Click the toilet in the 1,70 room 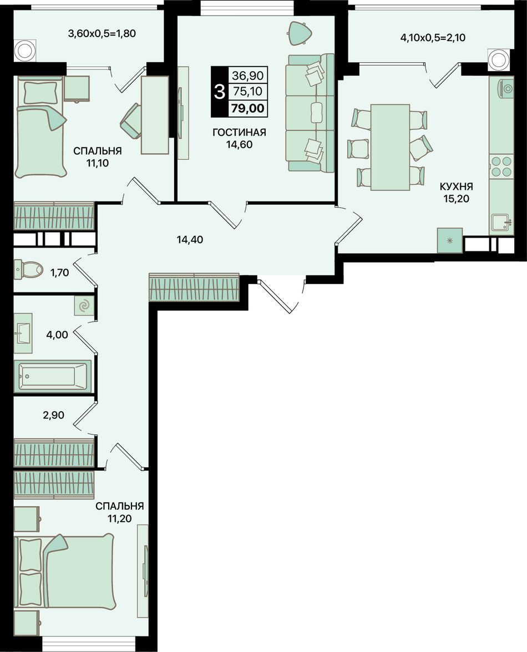[28, 269]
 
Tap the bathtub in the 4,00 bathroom [52, 376]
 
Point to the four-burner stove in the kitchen [501, 166]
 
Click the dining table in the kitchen [390, 147]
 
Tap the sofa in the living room [311, 113]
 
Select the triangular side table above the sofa [299, 32]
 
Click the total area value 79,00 [248, 109]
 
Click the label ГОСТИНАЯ [239, 133]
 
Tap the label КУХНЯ [456, 186]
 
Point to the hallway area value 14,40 [190, 240]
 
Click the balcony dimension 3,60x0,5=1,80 [102, 33]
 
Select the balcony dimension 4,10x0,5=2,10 [433, 38]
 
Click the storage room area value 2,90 [54, 415]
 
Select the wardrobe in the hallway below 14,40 [194, 287]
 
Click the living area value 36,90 [248, 75]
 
